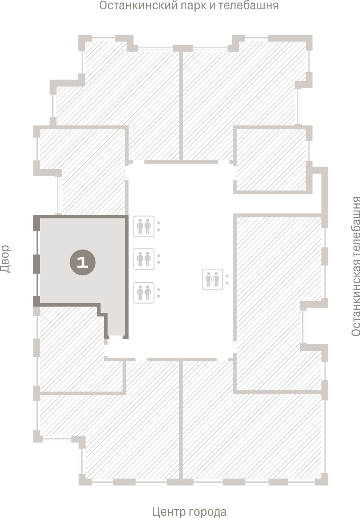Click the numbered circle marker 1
[82, 262]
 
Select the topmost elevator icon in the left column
[144, 227]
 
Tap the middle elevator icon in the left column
[144, 259]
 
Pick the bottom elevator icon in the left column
[144, 293]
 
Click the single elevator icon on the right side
[212, 279]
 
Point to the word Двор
[5, 259]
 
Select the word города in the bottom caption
[207, 512]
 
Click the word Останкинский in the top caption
[138, 6]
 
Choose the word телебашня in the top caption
[248, 5]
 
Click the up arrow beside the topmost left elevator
[159, 223]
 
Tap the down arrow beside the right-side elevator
[227, 283]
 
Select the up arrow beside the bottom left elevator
[159, 289]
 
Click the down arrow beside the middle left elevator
[159, 263]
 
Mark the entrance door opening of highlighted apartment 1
[116, 337]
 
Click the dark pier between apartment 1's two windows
[37, 264]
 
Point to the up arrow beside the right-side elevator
[227, 276]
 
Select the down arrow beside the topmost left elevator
[159, 230]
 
